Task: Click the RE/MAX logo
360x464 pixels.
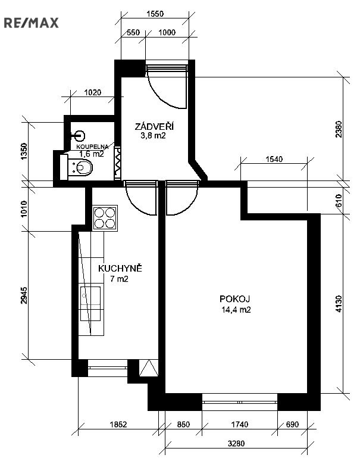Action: (31, 23)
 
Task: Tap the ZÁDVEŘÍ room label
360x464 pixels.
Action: (154, 126)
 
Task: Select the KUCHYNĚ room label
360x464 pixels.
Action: (120, 269)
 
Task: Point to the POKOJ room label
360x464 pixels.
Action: (234, 299)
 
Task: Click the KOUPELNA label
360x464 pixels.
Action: (92, 147)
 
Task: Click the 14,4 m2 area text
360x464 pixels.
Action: (236, 310)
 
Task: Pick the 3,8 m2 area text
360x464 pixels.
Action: (153, 136)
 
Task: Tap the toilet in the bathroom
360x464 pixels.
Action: (76, 167)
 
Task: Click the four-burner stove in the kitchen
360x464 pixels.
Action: (105, 218)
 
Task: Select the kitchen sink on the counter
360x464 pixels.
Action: (90, 304)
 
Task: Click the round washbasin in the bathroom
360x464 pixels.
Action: (79, 136)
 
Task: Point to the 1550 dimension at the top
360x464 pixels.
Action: (155, 14)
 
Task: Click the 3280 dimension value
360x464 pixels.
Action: (236, 444)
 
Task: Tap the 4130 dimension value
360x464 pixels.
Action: (339, 304)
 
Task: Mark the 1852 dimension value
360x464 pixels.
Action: (118, 424)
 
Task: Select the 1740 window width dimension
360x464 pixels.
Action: (239, 424)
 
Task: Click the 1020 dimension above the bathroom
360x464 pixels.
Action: (92, 93)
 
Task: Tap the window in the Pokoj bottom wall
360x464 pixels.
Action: (240, 402)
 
